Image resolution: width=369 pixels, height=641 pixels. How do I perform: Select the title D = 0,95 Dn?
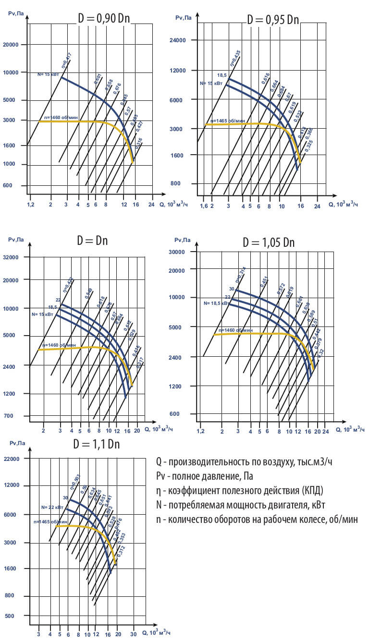272,20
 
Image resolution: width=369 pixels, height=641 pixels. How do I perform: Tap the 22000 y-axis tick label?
11,459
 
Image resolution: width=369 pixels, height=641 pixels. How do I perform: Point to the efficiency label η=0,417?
66,60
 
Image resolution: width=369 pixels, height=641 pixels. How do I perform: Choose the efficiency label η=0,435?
234,57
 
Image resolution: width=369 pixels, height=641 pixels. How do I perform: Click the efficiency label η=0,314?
240,275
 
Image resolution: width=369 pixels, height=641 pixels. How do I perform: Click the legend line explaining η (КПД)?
239,491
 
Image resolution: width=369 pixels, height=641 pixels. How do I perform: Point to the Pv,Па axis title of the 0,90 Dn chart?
16,13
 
